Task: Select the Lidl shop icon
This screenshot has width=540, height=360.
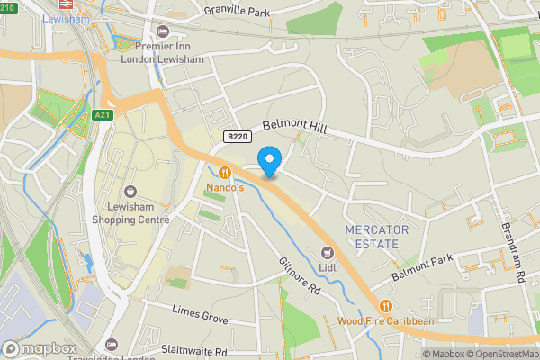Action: click(327, 252)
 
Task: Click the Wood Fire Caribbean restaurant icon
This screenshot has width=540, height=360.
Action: click(386, 305)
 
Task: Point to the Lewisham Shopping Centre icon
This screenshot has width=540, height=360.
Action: click(130, 192)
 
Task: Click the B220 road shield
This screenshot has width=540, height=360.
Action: click(236, 137)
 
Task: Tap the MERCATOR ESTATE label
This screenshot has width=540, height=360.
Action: click(376, 237)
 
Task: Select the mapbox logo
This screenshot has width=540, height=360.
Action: click(40, 348)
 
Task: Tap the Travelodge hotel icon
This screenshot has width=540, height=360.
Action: click(111, 345)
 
